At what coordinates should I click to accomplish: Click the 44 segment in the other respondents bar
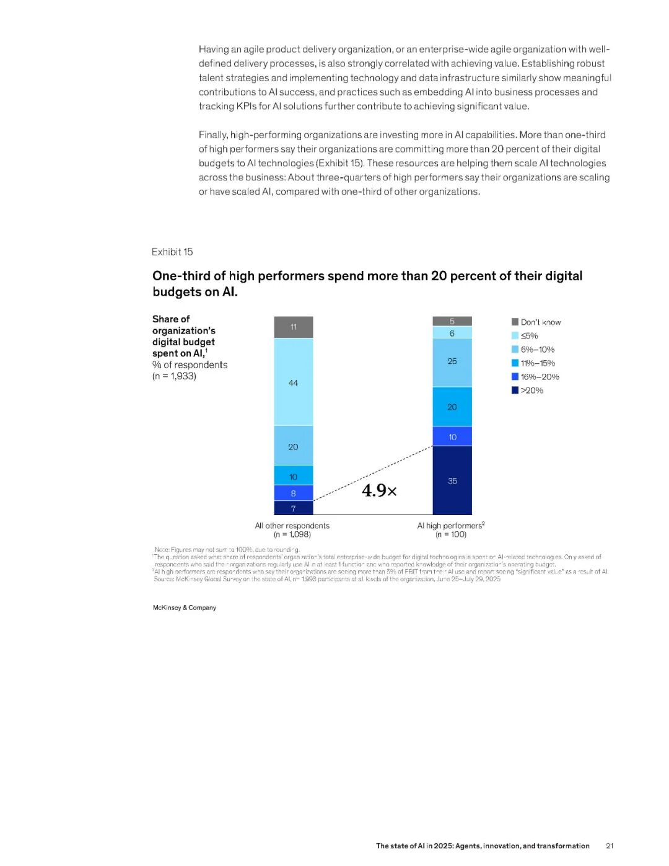click(x=293, y=382)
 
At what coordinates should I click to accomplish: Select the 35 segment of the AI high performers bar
click(x=452, y=480)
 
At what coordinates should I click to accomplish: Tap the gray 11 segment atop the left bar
click(x=293, y=327)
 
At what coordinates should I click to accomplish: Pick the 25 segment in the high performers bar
click(x=452, y=361)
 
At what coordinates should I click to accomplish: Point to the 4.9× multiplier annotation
click(x=379, y=491)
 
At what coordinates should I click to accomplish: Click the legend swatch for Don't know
click(x=515, y=322)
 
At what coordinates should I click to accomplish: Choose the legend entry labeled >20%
click(x=531, y=391)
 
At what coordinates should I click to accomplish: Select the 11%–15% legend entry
click(x=537, y=363)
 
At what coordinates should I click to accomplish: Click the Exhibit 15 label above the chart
click(x=172, y=252)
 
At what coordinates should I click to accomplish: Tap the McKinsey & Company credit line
click(x=185, y=608)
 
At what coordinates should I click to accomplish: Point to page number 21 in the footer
click(x=610, y=846)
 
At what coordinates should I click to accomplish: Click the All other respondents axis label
click(x=292, y=526)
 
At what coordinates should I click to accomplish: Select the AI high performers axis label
click(x=450, y=526)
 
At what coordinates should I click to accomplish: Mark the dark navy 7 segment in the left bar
click(x=293, y=508)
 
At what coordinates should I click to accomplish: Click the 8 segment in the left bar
click(x=293, y=493)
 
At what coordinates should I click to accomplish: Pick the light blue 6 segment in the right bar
click(x=452, y=334)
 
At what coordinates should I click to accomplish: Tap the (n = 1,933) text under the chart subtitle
click(x=174, y=376)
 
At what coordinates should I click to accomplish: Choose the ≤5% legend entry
click(x=529, y=336)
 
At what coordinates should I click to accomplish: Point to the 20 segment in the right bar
click(x=452, y=407)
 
